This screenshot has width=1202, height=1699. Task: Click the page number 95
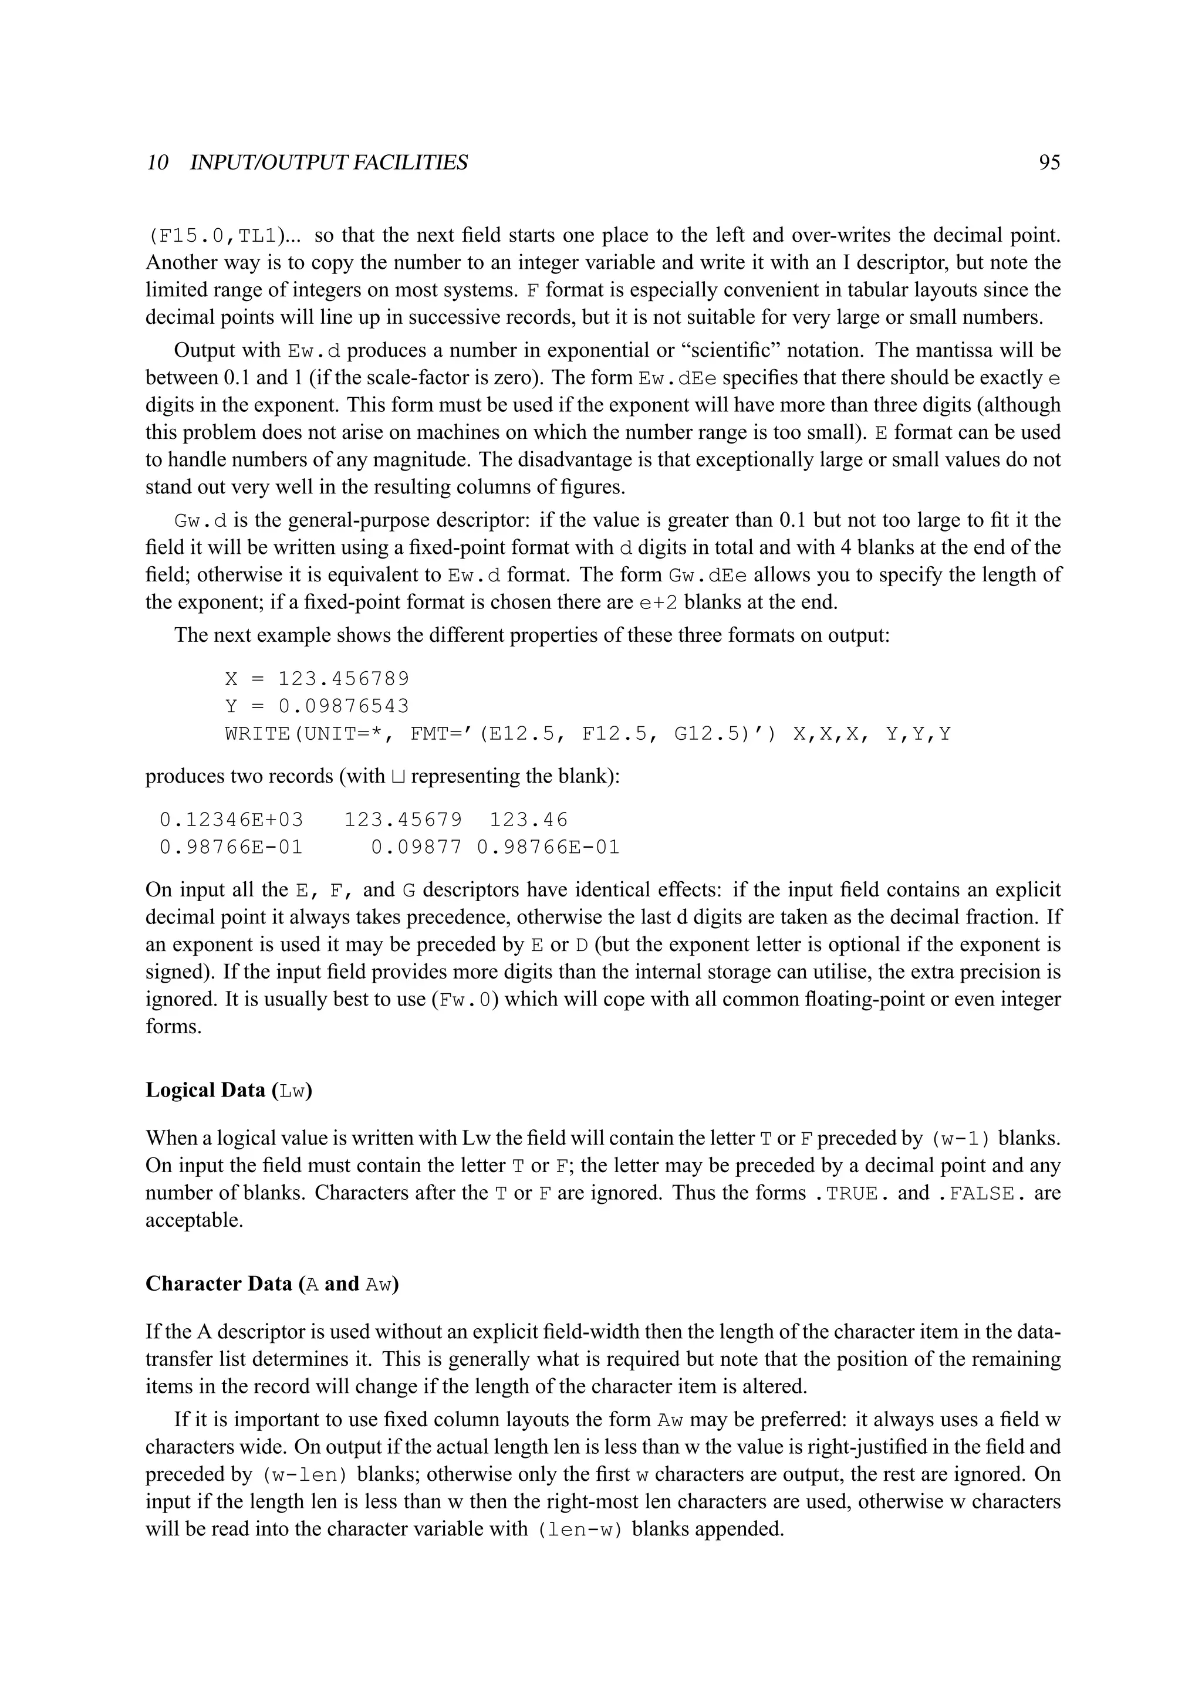(x=1049, y=162)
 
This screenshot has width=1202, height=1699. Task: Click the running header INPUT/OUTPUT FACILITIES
(x=329, y=162)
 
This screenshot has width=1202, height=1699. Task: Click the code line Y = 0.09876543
(x=317, y=706)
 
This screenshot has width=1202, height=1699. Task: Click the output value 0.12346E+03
(x=232, y=820)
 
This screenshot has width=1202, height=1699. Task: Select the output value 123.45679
(x=403, y=820)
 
